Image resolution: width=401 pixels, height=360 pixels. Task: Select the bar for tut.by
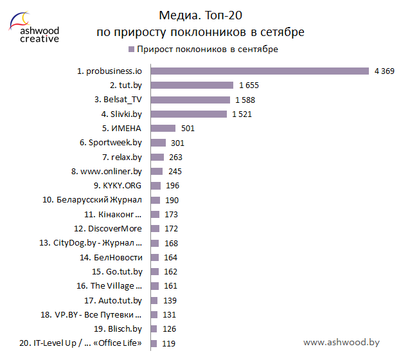pos(192,85)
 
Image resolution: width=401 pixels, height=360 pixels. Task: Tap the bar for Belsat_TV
pos(190,100)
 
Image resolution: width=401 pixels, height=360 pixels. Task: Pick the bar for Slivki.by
pos(188,114)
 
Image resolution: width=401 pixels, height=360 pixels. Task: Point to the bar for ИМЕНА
pos(163,128)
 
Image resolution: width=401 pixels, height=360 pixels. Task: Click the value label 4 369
pos(384,71)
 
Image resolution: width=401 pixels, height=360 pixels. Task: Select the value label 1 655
pos(249,85)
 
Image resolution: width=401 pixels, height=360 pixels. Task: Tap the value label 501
pos(188,129)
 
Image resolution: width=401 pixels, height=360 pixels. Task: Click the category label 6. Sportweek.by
pos(111,143)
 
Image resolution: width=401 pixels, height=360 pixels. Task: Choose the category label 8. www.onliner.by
pos(107,172)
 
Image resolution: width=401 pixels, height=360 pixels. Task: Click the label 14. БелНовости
pos(111,258)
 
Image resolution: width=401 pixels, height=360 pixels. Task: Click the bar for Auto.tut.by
pos(154,301)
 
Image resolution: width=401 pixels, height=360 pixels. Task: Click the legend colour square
pos(132,50)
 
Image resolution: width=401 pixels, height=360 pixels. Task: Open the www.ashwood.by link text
pos(341,343)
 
